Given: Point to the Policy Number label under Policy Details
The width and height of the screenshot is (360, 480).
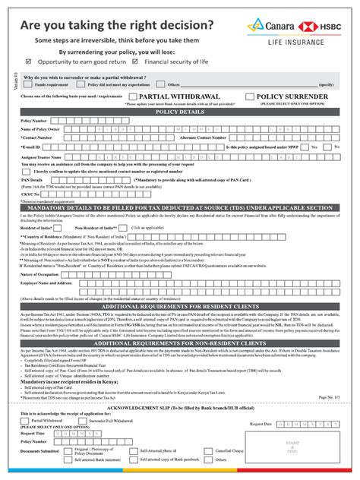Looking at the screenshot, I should pos(34,121).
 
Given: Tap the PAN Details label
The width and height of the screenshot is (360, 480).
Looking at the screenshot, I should pos(33,179).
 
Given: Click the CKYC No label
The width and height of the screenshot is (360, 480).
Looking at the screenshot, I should pos(30,194).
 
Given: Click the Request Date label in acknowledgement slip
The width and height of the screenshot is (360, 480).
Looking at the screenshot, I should pos(259,424).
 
